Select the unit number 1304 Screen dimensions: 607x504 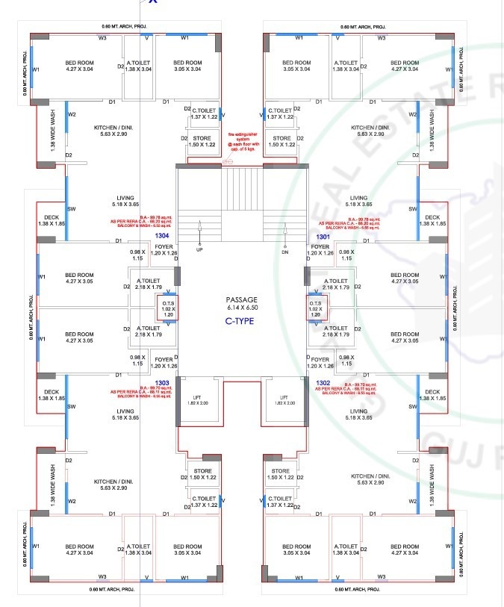click(162, 235)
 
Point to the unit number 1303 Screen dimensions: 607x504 click(162, 382)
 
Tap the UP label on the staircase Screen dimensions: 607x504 click(199, 250)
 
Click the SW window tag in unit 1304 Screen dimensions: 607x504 click(72, 209)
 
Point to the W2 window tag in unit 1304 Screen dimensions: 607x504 click(72, 115)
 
